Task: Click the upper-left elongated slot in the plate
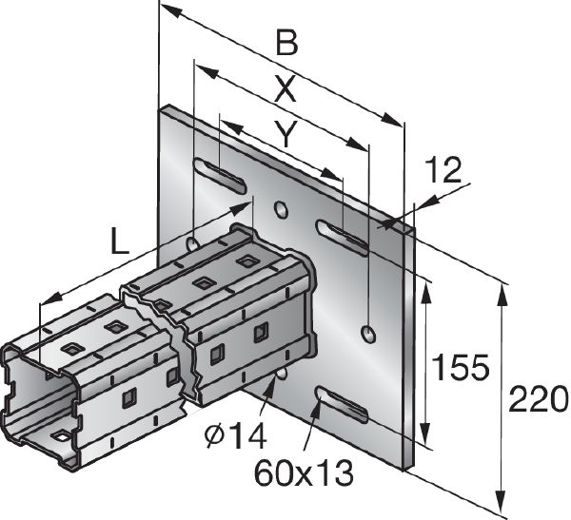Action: click(x=221, y=175)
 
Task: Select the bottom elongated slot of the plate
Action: click(x=342, y=403)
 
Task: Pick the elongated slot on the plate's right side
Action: click(x=343, y=236)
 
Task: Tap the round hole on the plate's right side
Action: click(x=368, y=332)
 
